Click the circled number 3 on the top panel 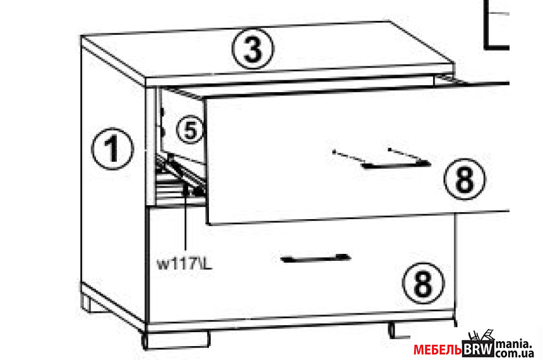(x=253, y=49)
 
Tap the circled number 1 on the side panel (x=112, y=149)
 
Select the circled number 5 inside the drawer (x=190, y=131)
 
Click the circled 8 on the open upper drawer (x=465, y=179)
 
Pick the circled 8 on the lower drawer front (x=423, y=283)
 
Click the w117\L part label (x=184, y=265)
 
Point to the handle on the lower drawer (x=316, y=258)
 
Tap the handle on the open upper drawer (x=396, y=164)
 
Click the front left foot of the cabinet (x=176, y=340)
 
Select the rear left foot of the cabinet (x=93, y=304)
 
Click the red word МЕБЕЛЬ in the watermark (x=438, y=350)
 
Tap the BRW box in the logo (x=478, y=349)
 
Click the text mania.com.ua (x=515, y=349)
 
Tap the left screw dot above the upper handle (x=334, y=152)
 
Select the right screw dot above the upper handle (x=390, y=150)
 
